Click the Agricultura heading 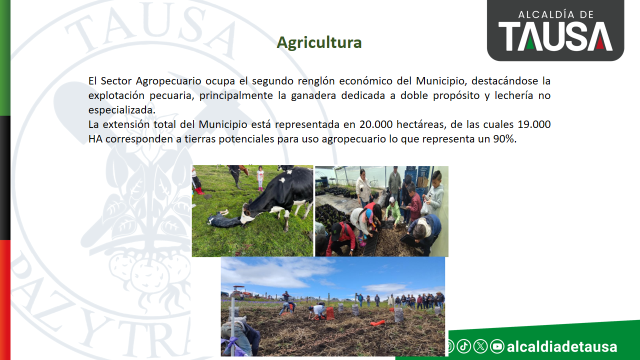click(x=319, y=43)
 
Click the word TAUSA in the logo click(x=555, y=36)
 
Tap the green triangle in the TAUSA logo click(x=530, y=42)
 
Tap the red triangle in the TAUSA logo click(x=600, y=42)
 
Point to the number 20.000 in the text click(x=375, y=124)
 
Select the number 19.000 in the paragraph click(x=534, y=124)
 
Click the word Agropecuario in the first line click(x=168, y=81)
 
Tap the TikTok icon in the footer click(x=463, y=346)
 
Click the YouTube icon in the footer click(x=497, y=346)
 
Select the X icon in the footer click(x=480, y=346)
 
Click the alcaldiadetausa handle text click(x=561, y=346)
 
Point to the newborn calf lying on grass click(x=223, y=219)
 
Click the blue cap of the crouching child click(x=369, y=215)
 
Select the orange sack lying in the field click(x=377, y=323)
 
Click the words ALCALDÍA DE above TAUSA click(x=556, y=14)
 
